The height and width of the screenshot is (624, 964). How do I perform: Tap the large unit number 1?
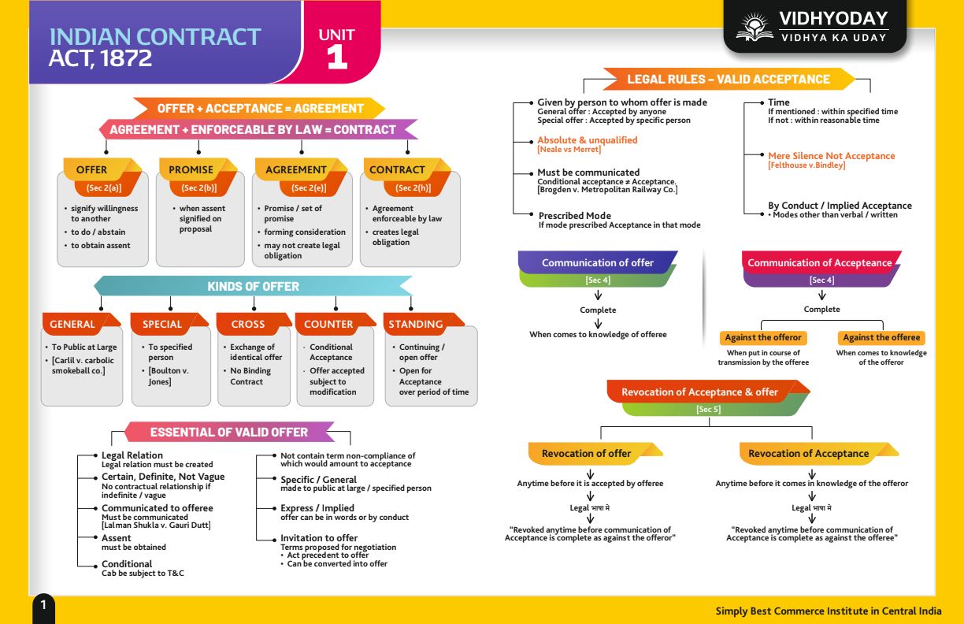pyautogui.click(x=337, y=58)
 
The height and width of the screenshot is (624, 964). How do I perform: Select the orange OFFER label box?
pyautogui.click(x=92, y=169)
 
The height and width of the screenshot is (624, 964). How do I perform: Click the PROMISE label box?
pyautogui.click(x=191, y=169)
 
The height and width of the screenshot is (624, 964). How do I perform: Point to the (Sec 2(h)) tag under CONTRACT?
pyautogui.click(x=413, y=188)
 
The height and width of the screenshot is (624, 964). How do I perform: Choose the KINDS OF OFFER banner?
pyautogui.click(x=253, y=287)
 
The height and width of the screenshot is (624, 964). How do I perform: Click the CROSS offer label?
pyautogui.click(x=248, y=324)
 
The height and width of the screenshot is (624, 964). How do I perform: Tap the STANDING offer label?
pyautogui.click(x=416, y=324)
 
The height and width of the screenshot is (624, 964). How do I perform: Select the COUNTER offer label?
pyautogui.click(x=328, y=324)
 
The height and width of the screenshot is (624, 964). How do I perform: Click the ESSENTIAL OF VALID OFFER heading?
pyautogui.click(x=229, y=432)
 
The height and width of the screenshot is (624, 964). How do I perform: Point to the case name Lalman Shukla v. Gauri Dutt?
pyautogui.click(x=156, y=526)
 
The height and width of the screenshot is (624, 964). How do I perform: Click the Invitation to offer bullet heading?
pyautogui.click(x=319, y=538)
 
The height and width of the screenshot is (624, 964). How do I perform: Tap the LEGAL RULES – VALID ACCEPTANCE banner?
pyautogui.click(x=729, y=79)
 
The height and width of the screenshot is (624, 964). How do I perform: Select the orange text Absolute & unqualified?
pyautogui.click(x=588, y=140)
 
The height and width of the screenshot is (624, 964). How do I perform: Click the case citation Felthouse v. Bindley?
pyautogui.click(x=806, y=165)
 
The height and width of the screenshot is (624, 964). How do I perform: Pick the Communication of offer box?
pyautogui.click(x=598, y=263)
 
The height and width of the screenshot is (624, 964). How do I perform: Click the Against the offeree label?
pyautogui.click(x=881, y=337)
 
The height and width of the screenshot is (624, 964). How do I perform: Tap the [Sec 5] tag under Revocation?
pyautogui.click(x=708, y=409)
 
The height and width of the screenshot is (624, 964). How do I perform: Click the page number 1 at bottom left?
pyautogui.click(x=43, y=605)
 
